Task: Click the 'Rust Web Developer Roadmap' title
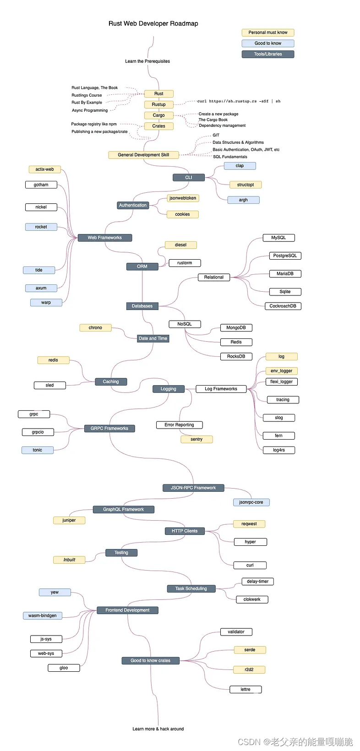(x=153, y=23)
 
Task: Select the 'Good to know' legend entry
(x=268, y=44)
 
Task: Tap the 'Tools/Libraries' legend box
(x=268, y=54)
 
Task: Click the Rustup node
(x=159, y=104)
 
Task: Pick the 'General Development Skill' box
(x=143, y=155)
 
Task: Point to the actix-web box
(x=44, y=169)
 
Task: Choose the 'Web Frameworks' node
(x=105, y=238)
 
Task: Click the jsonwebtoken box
(x=182, y=198)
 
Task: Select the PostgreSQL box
(x=285, y=256)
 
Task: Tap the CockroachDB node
(x=283, y=306)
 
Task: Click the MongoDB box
(x=236, y=328)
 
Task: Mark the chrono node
(x=95, y=328)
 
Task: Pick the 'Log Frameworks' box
(x=221, y=389)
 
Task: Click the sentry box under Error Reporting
(x=196, y=439)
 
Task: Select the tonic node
(x=38, y=450)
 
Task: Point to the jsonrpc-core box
(x=251, y=502)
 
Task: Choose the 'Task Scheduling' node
(x=191, y=588)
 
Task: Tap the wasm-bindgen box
(x=43, y=615)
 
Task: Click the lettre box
(x=245, y=689)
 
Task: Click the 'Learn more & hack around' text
(x=158, y=729)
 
